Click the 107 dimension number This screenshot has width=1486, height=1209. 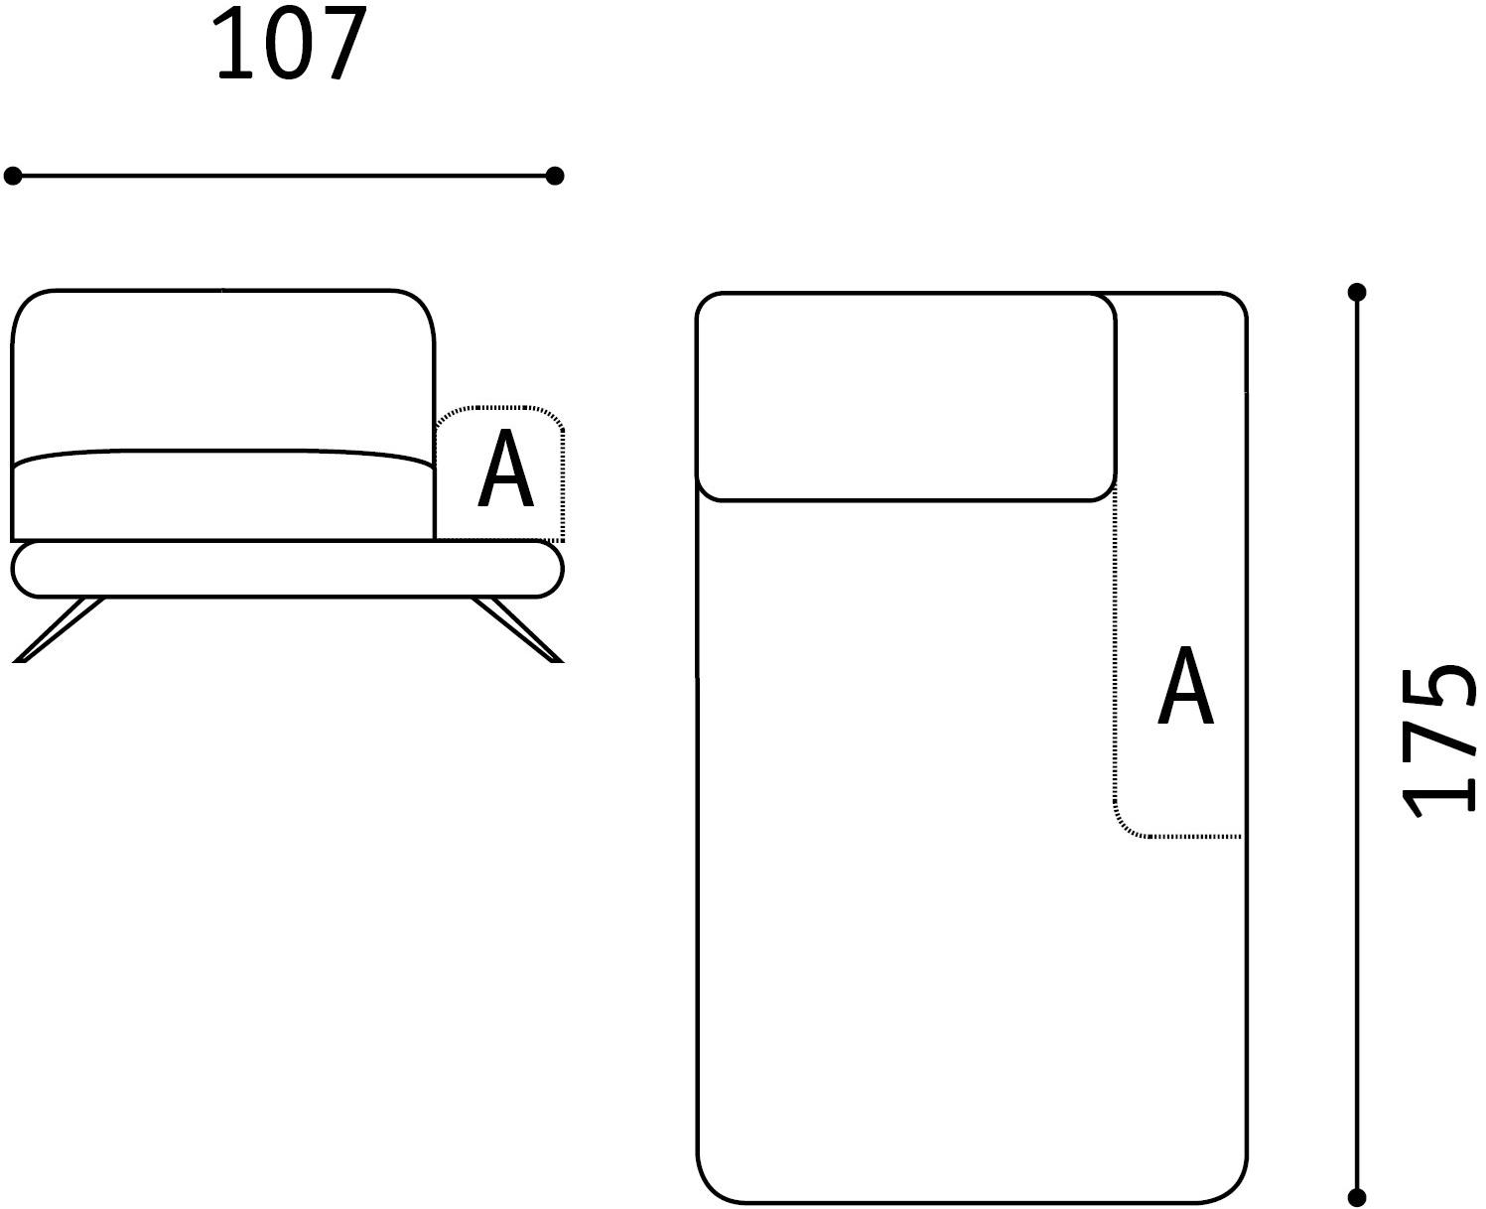[289, 44]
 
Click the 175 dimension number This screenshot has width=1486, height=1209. [1438, 741]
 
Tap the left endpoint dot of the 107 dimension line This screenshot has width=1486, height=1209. [13, 176]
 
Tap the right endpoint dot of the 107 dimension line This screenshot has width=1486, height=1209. [555, 176]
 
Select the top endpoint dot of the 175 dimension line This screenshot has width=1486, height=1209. [1357, 292]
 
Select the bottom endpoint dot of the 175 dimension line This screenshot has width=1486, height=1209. [1357, 1197]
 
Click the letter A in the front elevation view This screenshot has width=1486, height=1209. [506, 469]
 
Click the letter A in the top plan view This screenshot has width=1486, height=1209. [1186, 686]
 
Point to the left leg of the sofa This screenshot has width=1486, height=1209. [59, 629]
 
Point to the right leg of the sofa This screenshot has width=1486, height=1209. [517, 629]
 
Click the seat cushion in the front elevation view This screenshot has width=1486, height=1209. [223, 494]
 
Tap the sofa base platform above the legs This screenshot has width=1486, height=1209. [288, 570]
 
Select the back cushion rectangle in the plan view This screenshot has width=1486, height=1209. [905, 396]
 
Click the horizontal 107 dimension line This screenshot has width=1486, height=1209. [283, 176]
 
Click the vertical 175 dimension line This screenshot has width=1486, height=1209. [1357, 744]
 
